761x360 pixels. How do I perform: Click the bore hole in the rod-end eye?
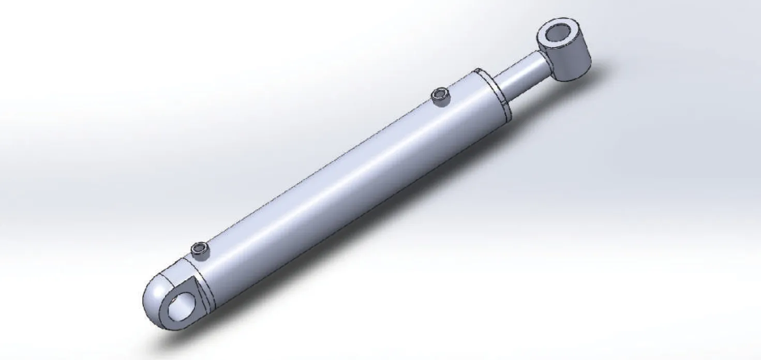coord(558,35)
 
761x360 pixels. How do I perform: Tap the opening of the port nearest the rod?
coord(441,94)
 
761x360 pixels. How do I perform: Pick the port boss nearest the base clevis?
coord(199,251)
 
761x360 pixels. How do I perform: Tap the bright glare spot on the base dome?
coord(160,282)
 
